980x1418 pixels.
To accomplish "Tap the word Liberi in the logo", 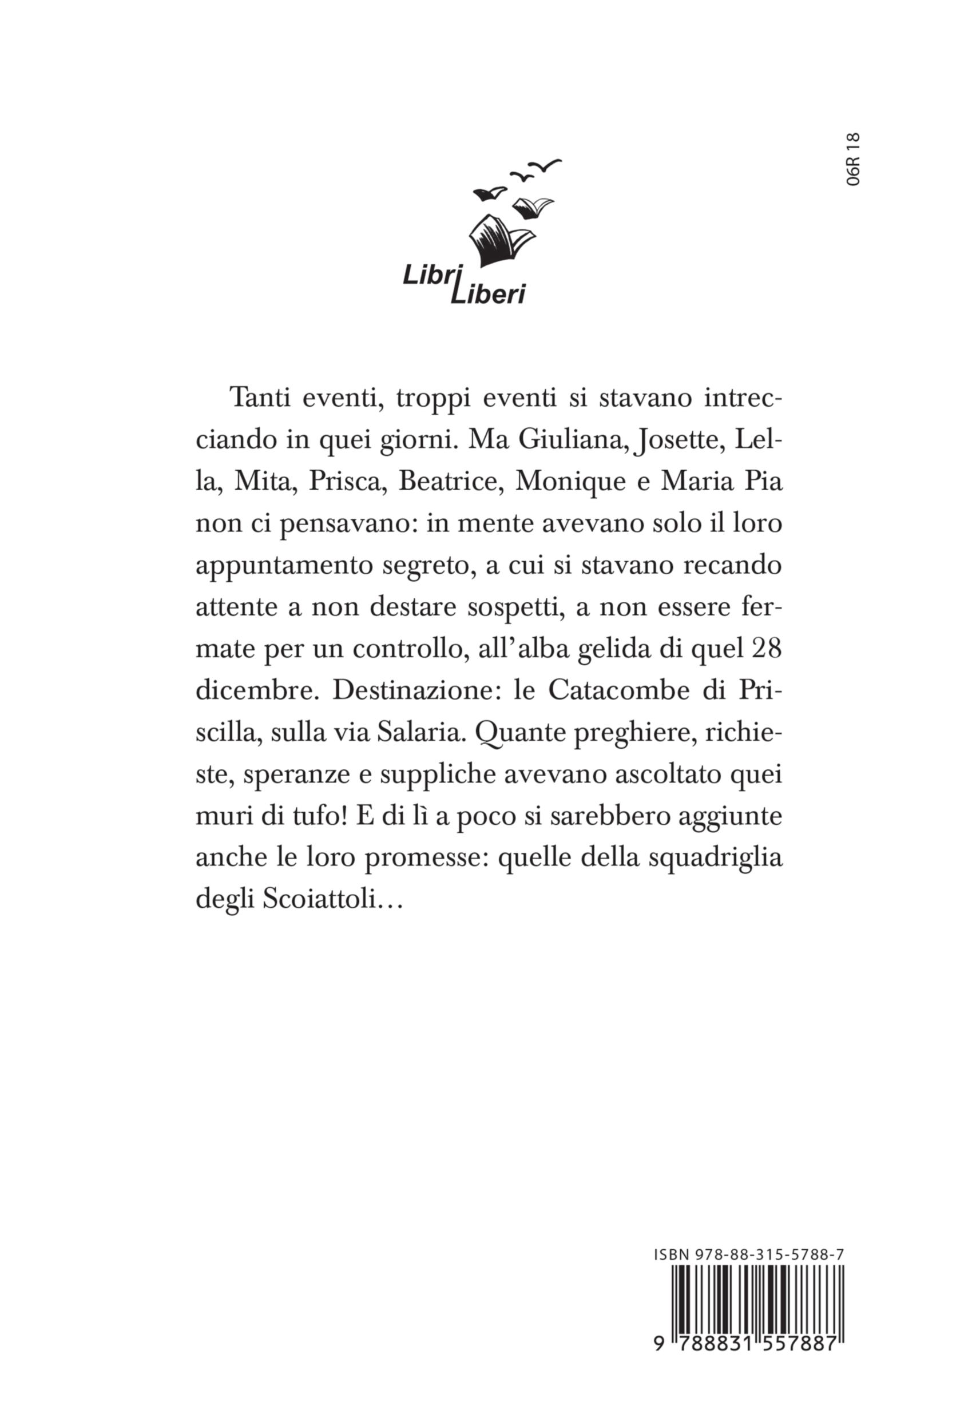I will click(x=488, y=295).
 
